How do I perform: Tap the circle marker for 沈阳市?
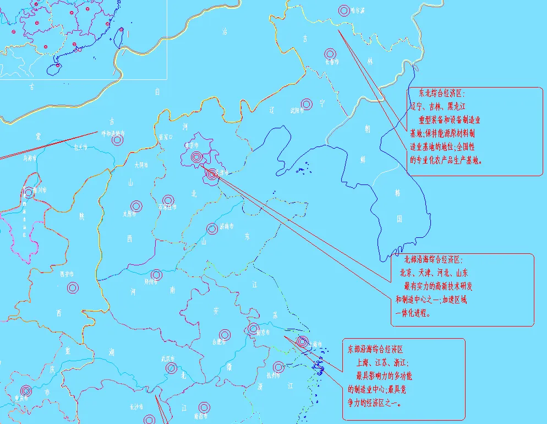(x=307, y=104)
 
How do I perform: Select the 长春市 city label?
(x=331, y=62)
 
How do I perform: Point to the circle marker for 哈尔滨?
(x=344, y=10)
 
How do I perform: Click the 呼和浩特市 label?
(x=113, y=134)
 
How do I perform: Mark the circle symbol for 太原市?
(x=136, y=206)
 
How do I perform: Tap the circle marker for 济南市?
(x=212, y=229)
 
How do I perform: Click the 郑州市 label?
(x=151, y=281)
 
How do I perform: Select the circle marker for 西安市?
(x=73, y=287)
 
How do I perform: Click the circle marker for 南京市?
(x=254, y=329)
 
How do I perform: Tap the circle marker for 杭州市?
(x=279, y=367)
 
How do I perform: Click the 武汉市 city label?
(x=167, y=358)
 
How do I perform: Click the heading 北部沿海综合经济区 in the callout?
(x=434, y=259)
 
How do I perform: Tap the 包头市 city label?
(x=80, y=147)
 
